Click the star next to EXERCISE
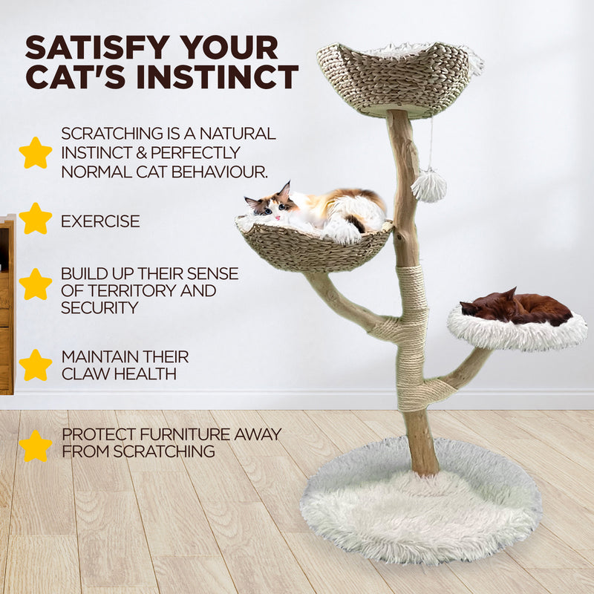tap(36, 219)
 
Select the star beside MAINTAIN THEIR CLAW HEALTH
tap(36, 365)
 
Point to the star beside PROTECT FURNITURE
tap(36, 446)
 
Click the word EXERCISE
tap(100, 221)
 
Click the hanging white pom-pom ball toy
tap(428, 185)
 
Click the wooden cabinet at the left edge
tap(7, 304)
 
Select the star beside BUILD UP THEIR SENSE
tap(36, 284)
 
